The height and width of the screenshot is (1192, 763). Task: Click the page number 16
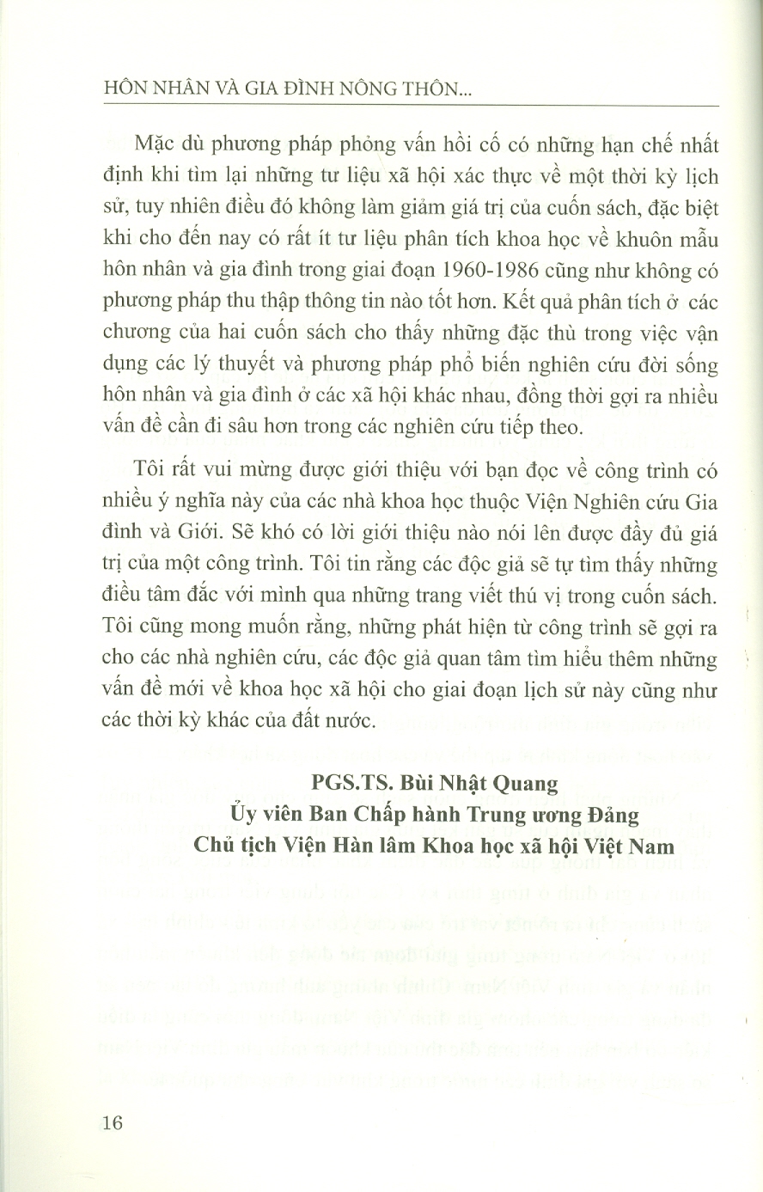[x=113, y=1123]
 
